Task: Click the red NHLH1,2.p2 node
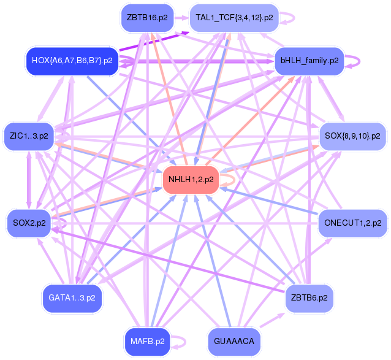(191, 180)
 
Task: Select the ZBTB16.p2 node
(147, 18)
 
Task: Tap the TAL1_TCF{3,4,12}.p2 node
(234, 18)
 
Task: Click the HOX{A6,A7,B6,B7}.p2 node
(72, 61)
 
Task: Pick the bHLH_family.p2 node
(309, 61)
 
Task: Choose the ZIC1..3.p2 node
(29, 136)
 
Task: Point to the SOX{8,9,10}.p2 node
(352, 136)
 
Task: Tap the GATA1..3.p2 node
(72, 298)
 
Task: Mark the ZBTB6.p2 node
(309, 298)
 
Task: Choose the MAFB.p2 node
(147, 341)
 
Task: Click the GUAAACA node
(234, 341)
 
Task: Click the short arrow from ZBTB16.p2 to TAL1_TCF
(181, 18)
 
